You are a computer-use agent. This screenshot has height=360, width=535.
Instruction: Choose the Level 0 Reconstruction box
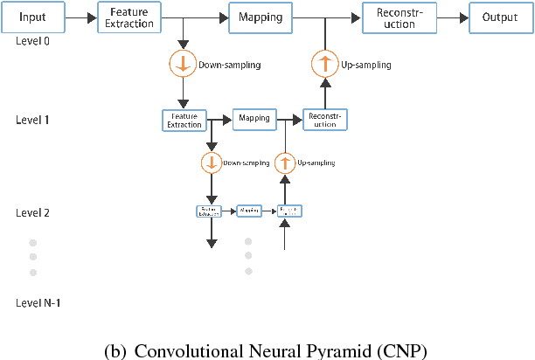pos(393,17)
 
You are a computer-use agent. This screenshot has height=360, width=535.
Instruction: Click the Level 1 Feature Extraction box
pos(184,120)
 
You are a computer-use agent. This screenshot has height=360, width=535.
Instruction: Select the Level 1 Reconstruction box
pos(324,120)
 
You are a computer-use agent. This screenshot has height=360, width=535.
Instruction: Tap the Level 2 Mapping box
pos(249,211)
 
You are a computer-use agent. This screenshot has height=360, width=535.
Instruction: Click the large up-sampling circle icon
pos(325,64)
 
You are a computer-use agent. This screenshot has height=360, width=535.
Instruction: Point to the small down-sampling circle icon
pos(211,163)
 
